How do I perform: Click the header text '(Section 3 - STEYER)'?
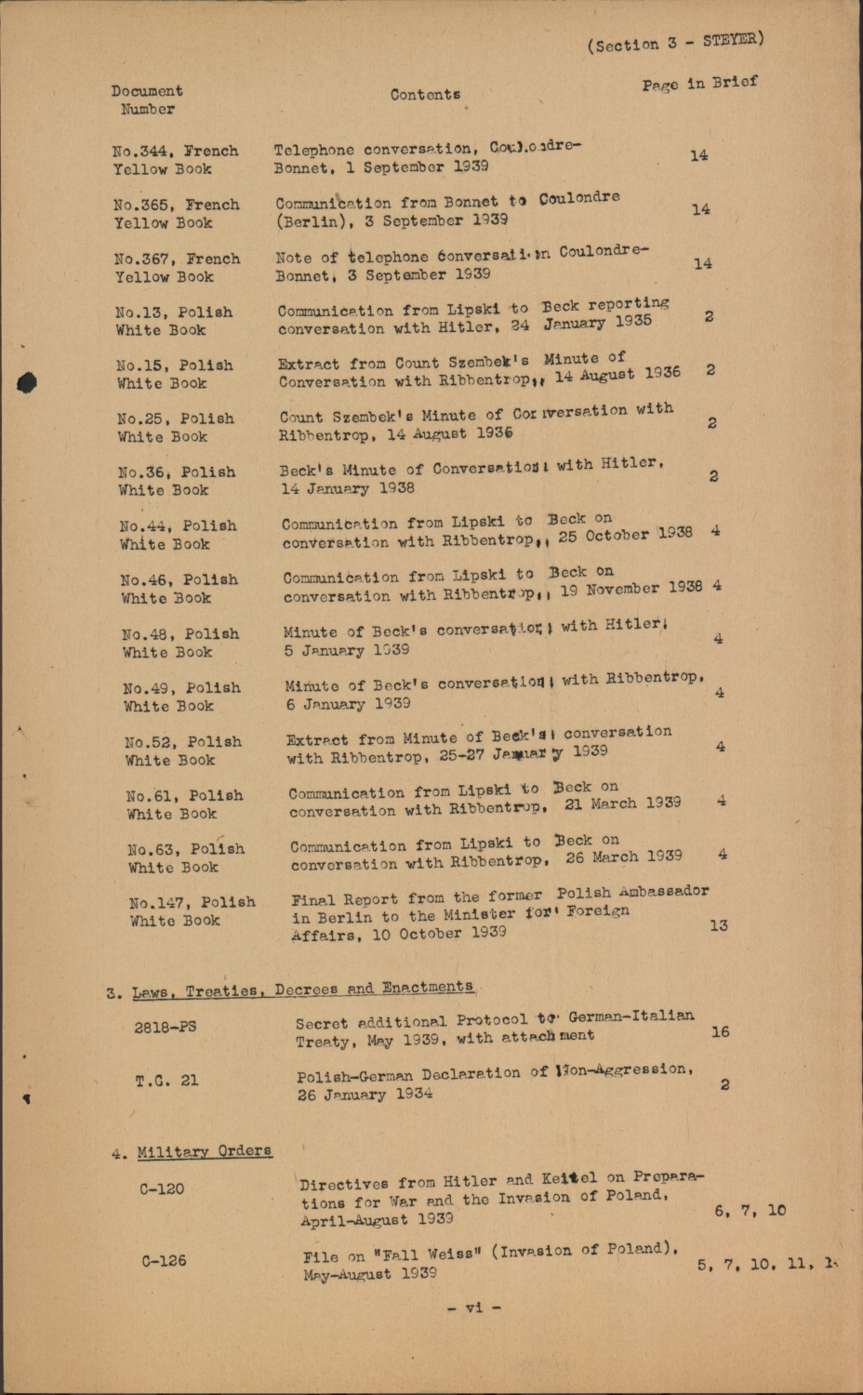(x=675, y=42)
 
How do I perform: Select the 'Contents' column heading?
(x=425, y=94)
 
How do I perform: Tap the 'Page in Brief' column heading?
(x=699, y=84)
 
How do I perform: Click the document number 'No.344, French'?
(x=175, y=151)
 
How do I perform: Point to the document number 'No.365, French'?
(x=177, y=205)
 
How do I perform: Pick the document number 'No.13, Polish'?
(x=174, y=312)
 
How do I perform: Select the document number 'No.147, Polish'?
(x=192, y=902)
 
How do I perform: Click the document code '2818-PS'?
(x=166, y=1028)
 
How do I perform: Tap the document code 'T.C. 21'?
(x=166, y=1081)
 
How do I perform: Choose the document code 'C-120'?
(x=162, y=1189)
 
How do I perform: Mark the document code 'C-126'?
(x=164, y=1261)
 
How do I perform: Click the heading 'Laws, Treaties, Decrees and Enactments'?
(x=302, y=989)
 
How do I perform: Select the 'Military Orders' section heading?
(x=205, y=1152)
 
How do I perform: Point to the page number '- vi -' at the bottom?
(x=474, y=1307)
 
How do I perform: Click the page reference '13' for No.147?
(x=719, y=925)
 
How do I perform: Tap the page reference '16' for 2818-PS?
(x=720, y=1031)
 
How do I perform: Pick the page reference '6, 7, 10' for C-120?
(x=750, y=1210)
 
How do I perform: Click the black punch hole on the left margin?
(x=26, y=383)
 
